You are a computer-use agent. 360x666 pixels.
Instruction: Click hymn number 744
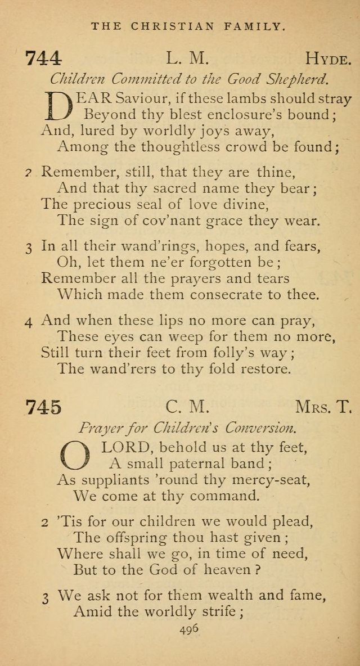[43, 58]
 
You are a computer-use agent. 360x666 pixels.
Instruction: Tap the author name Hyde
[329, 58]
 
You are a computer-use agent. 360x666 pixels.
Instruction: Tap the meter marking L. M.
[188, 58]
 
